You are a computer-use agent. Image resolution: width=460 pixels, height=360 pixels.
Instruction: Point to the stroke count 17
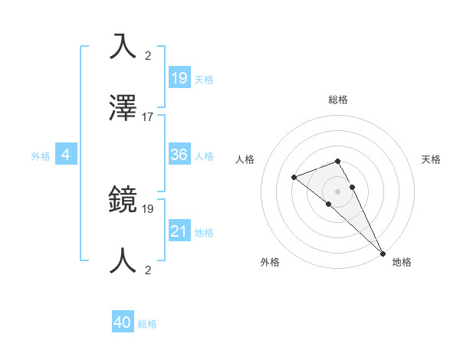pos(148,117)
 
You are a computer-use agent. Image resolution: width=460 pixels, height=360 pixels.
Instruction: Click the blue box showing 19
pos(179,78)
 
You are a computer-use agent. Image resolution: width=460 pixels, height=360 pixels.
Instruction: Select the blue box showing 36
pos(179,155)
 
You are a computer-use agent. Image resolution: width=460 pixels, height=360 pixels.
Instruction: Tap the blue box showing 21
pos(179,231)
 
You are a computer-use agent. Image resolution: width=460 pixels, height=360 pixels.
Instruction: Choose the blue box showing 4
pos(65,155)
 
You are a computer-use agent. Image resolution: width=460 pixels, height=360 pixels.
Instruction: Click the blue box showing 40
pos(123,323)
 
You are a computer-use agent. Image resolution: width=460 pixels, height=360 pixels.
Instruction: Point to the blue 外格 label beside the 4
pos(41,156)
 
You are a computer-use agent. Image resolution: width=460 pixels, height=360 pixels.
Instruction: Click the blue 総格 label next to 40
pos(148,324)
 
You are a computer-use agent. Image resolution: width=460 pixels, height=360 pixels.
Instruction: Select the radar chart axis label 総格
pos(338,100)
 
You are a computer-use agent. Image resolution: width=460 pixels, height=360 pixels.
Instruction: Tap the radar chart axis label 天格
pos(431,159)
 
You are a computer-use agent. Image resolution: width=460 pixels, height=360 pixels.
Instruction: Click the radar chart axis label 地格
pos(402,262)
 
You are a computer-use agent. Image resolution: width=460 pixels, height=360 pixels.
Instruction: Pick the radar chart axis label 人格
pos(245,159)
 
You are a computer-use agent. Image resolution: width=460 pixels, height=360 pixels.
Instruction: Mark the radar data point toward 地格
pos(383,252)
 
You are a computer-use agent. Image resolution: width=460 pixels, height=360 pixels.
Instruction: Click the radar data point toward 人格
pos(294,178)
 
